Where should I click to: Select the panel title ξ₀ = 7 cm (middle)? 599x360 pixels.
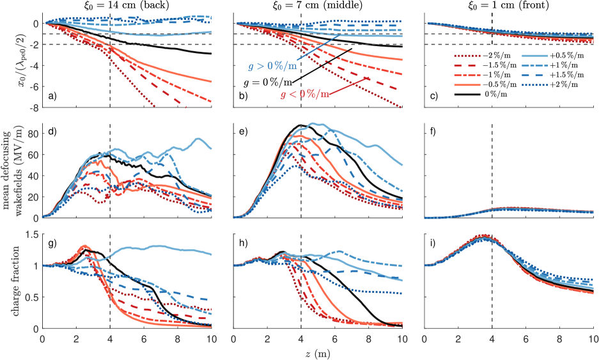coord(316,6)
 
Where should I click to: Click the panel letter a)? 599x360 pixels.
coord(52,97)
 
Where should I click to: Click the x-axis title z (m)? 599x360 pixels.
coord(317,352)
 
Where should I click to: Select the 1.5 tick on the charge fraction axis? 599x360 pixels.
coord(30,235)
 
